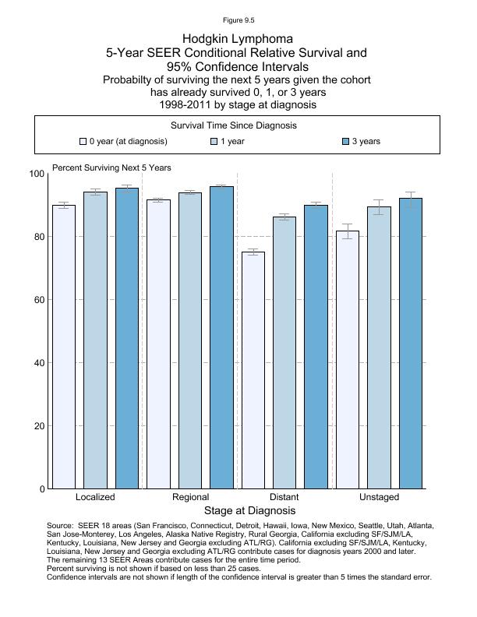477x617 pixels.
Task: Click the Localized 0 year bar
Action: tap(64, 347)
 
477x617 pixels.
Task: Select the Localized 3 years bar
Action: tap(126, 338)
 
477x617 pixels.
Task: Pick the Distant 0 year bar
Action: tap(253, 370)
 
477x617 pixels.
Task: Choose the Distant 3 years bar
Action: tap(316, 347)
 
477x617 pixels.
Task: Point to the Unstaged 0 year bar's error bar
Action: tap(348, 231)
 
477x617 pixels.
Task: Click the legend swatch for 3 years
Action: tap(346, 142)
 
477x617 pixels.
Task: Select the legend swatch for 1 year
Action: tap(214, 142)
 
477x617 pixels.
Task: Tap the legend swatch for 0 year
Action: tap(83, 142)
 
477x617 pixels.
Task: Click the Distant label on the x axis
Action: tap(284, 497)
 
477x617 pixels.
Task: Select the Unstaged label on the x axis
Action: tap(379, 497)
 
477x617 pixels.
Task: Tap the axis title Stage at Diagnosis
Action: tap(249, 511)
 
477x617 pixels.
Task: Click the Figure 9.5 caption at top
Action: tap(238, 20)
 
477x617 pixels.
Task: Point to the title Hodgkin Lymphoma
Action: tap(238, 38)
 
